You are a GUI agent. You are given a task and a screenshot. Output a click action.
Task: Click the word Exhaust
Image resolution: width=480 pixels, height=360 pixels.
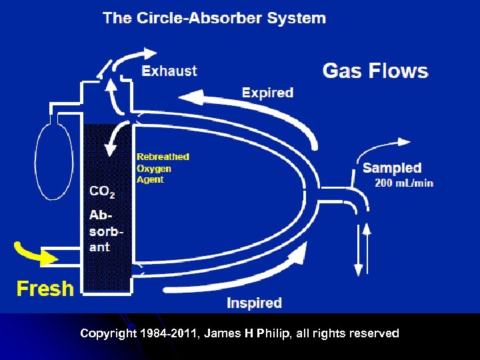coord(169,71)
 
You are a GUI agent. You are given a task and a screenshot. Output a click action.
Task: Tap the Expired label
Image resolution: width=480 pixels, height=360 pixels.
coord(267,93)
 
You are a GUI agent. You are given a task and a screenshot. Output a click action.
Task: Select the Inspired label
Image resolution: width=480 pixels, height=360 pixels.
coord(254,303)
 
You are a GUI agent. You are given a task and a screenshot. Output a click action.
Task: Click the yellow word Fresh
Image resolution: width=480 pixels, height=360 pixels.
coord(45,289)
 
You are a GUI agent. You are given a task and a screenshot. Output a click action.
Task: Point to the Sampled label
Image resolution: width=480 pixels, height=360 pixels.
coord(392,168)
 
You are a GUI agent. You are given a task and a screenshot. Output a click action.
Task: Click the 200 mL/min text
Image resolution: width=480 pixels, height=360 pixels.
coord(404,183)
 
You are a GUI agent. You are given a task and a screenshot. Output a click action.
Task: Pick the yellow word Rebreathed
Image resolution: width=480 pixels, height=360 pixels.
coord(163,157)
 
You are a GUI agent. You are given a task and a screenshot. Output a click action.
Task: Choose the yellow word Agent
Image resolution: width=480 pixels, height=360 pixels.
coord(150,179)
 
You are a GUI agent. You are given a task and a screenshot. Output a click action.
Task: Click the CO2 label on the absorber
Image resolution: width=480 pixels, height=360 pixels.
coord(102,192)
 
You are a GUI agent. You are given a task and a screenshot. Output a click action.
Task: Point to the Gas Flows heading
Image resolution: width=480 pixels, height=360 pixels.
coord(375,71)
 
